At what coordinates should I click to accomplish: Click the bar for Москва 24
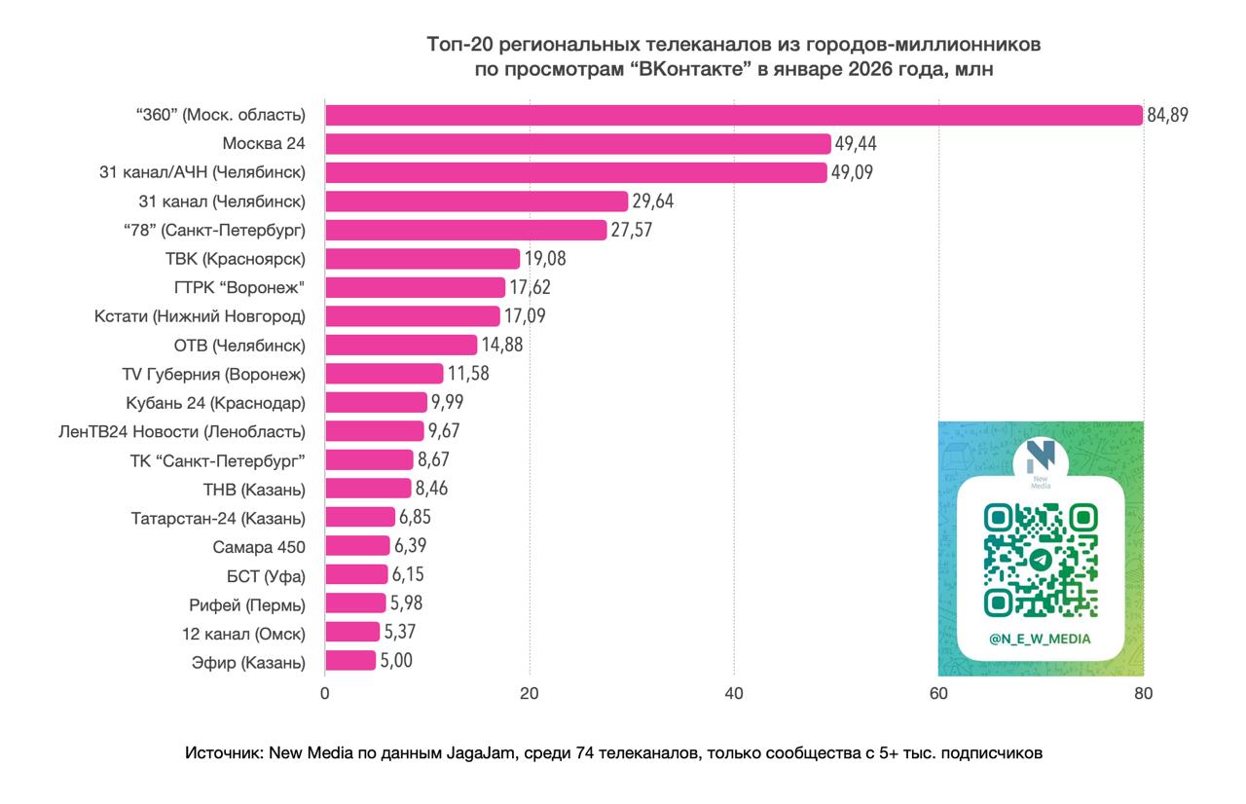pyautogui.click(x=577, y=144)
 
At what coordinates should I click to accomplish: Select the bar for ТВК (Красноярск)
pyautogui.click(x=422, y=259)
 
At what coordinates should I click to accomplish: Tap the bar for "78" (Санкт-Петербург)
pyautogui.click(x=465, y=230)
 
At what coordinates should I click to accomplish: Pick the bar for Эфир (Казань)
pyautogui.click(x=350, y=661)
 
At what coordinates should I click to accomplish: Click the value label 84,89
pyautogui.click(x=1168, y=116)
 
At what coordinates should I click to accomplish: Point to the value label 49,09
pyautogui.click(x=854, y=173)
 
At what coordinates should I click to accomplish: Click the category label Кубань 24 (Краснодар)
pyautogui.click(x=215, y=402)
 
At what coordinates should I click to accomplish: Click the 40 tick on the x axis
pyautogui.click(x=734, y=693)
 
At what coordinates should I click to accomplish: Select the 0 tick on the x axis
pyautogui.click(x=324, y=693)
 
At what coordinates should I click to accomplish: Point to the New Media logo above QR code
pyautogui.click(x=1040, y=458)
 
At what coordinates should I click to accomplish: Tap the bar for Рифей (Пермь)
pyautogui.click(x=355, y=603)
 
